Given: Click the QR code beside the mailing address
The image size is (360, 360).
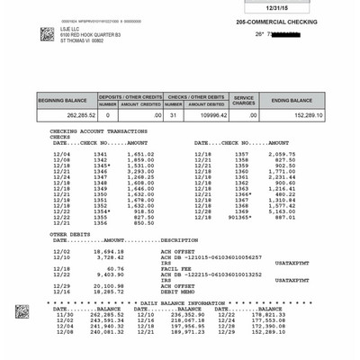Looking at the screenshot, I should pos(47,34).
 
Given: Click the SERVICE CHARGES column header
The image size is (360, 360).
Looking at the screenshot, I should pos(244,100).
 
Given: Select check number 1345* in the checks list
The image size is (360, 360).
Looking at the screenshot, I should pos(101,166).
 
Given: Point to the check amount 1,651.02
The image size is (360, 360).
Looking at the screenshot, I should pos(139,154).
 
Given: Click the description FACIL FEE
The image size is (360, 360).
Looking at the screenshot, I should pos(175,268).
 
